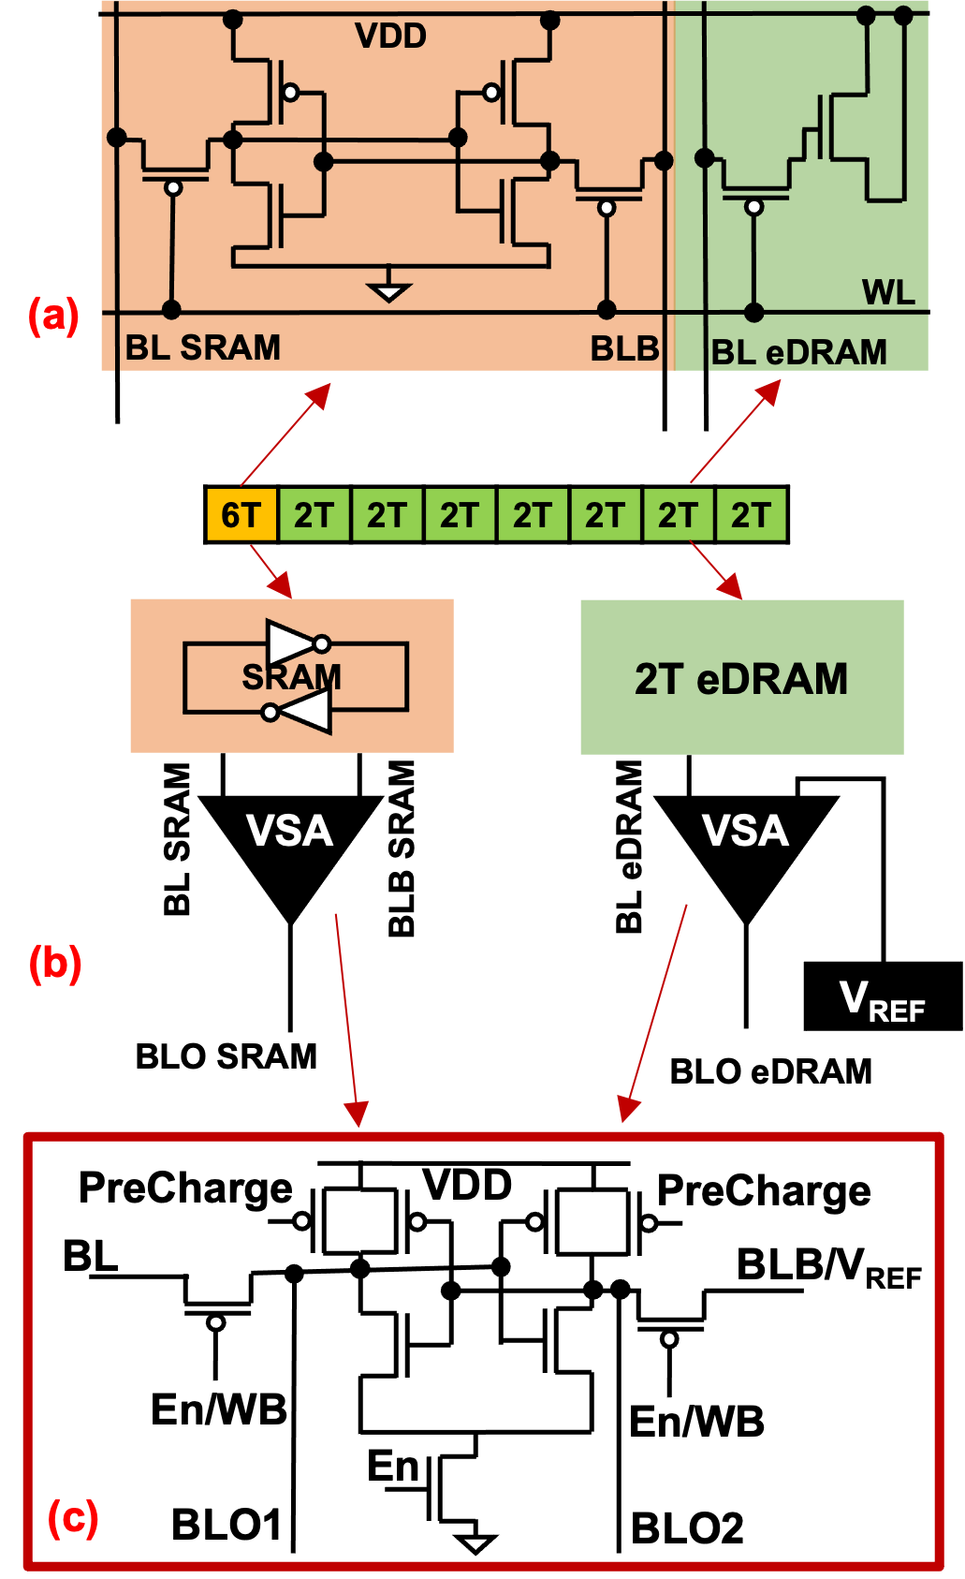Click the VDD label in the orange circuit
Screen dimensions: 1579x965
pyautogui.click(x=390, y=37)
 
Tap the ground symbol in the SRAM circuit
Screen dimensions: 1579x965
pyautogui.click(x=388, y=290)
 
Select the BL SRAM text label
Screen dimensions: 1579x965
pyautogui.click(x=203, y=348)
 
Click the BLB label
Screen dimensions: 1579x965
pyautogui.click(x=624, y=349)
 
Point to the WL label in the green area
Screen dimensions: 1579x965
pyautogui.click(x=887, y=293)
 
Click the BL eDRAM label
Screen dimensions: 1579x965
pyautogui.click(x=798, y=353)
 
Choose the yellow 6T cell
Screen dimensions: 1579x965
pyautogui.click(x=241, y=515)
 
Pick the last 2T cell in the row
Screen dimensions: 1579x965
pyautogui.click(x=751, y=515)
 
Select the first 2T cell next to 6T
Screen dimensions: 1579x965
pyautogui.click(x=314, y=515)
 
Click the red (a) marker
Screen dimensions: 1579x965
pyautogui.click(x=53, y=316)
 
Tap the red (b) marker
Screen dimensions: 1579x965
pyautogui.click(x=55, y=964)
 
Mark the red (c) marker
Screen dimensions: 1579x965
pyautogui.click(x=73, y=1517)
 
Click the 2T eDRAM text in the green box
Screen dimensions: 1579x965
pyautogui.click(x=741, y=679)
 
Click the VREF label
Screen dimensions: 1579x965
pyautogui.click(x=882, y=1001)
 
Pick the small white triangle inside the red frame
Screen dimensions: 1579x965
pyautogui.click(x=475, y=1543)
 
